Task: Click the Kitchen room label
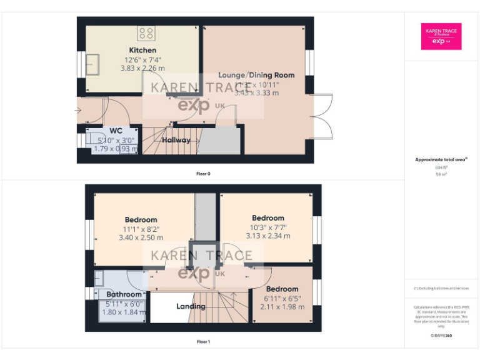(x=142, y=50)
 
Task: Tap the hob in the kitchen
(x=146, y=32)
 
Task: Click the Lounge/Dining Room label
(x=256, y=75)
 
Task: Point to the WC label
(x=116, y=131)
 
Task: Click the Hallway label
(x=176, y=140)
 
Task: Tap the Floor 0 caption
(x=203, y=173)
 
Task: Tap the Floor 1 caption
(x=203, y=342)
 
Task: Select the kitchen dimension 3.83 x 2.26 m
(x=142, y=68)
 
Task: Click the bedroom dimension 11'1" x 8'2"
(x=141, y=229)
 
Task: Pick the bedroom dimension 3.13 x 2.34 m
(x=268, y=236)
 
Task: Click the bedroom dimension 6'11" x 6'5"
(x=282, y=298)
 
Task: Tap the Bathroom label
(x=124, y=294)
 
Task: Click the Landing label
(x=191, y=306)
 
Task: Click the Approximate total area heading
(x=442, y=160)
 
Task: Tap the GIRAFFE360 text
(x=442, y=336)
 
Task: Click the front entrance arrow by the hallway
(x=77, y=111)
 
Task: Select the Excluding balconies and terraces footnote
(x=442, y=288)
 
